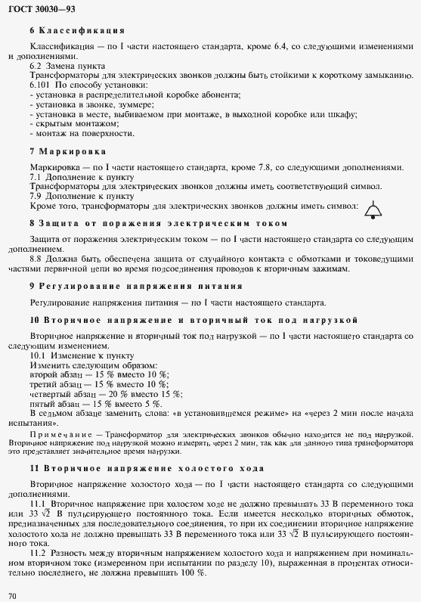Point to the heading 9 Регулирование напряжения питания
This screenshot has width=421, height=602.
(135, 286)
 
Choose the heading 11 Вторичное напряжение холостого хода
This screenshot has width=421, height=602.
(146, 467)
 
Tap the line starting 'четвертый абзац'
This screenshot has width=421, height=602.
(106, 393)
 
